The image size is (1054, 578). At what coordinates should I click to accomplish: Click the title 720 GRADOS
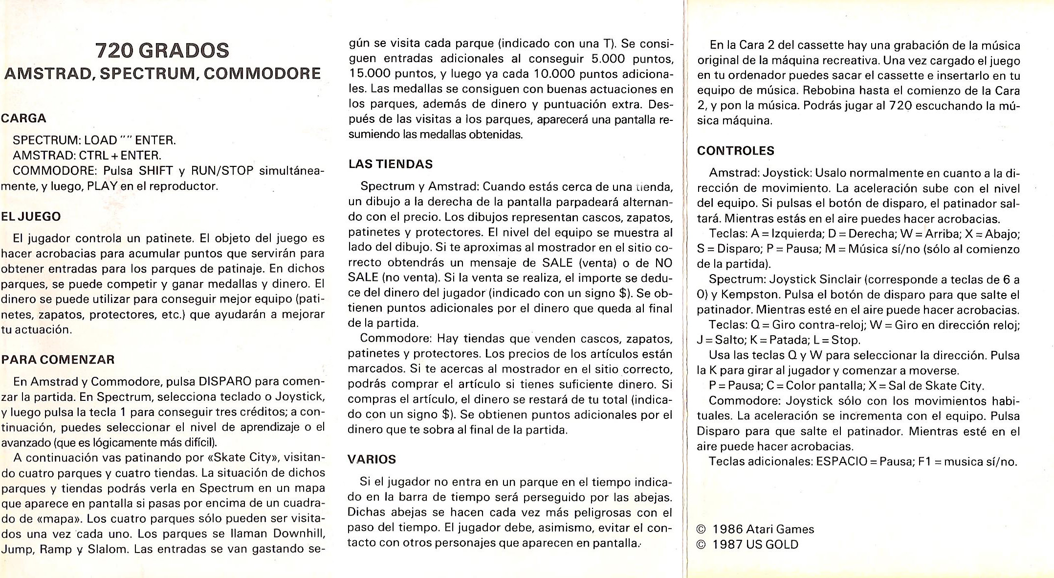coord(162,50)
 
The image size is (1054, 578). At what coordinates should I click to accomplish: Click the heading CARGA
coord(23,118)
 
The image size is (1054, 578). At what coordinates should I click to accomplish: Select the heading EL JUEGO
coord(31,216)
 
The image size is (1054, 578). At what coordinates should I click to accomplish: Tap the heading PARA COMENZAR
coord(58,359)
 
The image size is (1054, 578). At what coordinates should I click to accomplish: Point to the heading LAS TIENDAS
coord(391,164)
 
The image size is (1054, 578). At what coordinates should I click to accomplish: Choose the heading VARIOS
coord(372,459)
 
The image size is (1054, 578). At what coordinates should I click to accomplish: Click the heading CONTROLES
coord(735,151)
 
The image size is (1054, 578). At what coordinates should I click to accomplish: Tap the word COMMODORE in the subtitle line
coord(263,73)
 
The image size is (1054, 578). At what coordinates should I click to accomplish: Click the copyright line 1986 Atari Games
coord(763,529)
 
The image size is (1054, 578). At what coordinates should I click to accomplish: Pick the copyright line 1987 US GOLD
coord(755,544)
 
